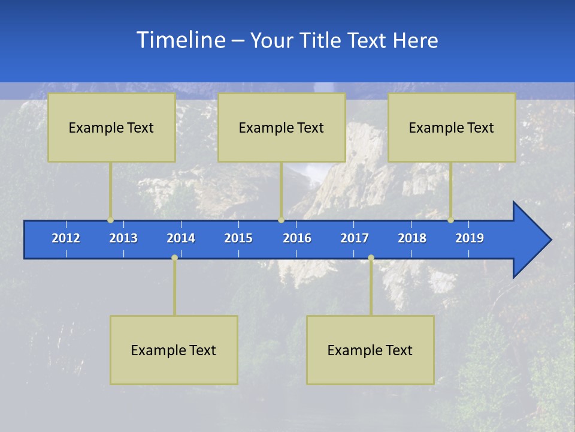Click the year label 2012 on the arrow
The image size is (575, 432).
(66, 238)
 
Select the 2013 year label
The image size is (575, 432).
(123, 238)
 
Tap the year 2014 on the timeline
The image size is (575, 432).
(181, 238)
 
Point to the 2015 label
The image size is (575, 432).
(238, 238)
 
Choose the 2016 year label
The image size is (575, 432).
(297, 238)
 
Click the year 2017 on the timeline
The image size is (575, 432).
(355, 238)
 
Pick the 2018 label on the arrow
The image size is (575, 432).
(412, 238)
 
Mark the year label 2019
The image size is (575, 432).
(470, 238)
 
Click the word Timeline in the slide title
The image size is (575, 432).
(180, 40)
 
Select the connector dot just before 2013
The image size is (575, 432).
(110, 220)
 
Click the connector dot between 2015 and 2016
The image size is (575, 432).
(281, 220)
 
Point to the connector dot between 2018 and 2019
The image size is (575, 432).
(450, 220)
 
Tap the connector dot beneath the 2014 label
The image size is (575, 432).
(174, 257)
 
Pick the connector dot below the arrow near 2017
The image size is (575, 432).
(371, 257)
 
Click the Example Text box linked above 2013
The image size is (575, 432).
(111, 127)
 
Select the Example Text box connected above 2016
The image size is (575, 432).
(282, 127)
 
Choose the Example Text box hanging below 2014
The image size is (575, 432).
(174, 350)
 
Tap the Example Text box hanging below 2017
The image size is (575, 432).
(370, 350)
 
